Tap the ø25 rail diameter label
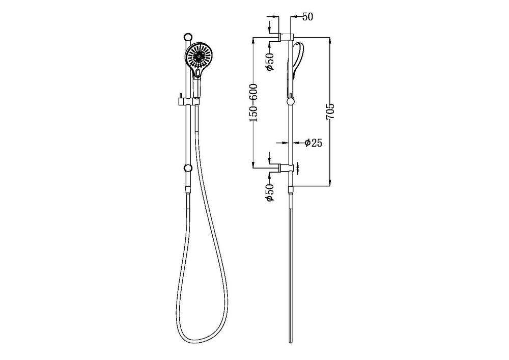314,143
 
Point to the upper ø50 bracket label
270,61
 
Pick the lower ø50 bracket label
270,192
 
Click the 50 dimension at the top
308,17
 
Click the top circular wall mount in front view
188,37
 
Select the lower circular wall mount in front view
188,169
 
